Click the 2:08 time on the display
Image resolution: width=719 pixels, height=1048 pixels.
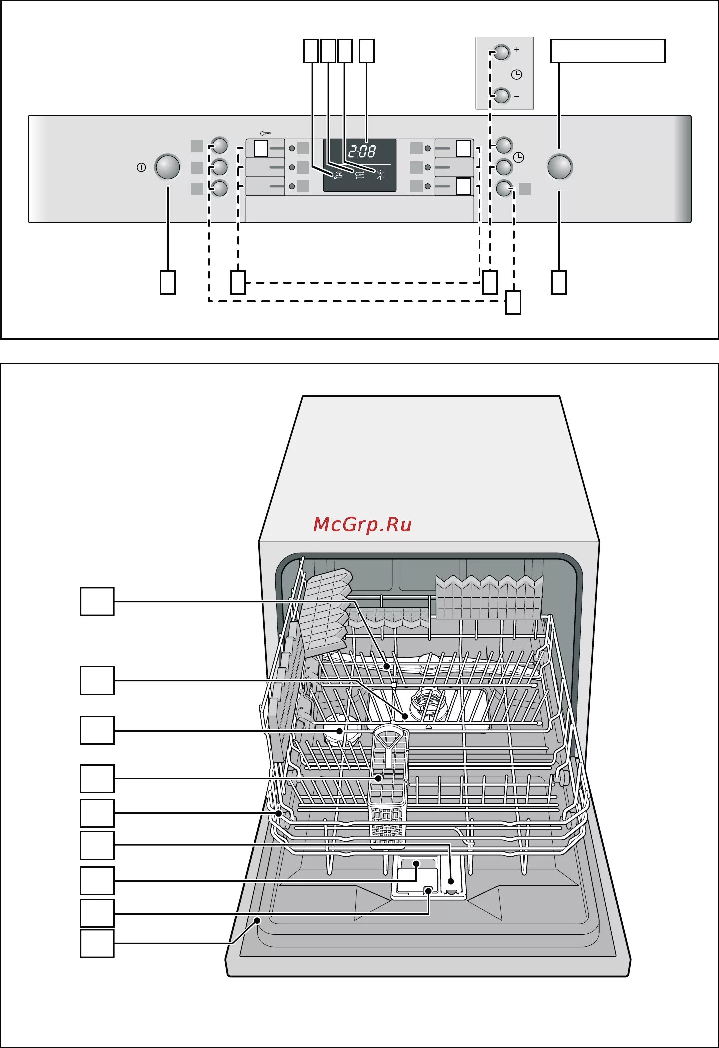click(x=362, y=151)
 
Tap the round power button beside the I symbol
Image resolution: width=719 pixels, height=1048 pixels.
click(x=167, y=167)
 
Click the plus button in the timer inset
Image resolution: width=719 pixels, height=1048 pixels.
click(x=501, y=52)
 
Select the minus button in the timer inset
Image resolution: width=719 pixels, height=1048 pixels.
click(x=501, y=95)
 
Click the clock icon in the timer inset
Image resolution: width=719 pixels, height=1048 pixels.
click(x=517, y=75)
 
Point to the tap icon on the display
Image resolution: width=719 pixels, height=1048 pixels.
click(x=338, y=175)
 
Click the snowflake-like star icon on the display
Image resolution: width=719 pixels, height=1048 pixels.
click(x=381, y=175)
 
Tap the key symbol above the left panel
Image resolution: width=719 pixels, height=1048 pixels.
click(x=265, y=133)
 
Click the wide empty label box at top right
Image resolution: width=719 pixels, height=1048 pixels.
click(x=607, y=51)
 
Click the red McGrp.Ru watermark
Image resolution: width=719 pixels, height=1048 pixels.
click(x=362, y=524)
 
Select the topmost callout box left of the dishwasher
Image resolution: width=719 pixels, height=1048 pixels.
click(x=97, y=601)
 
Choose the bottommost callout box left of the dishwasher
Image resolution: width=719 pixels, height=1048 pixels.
click(x=97, y=943)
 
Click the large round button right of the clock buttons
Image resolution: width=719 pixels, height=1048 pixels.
click(x=560, y=167)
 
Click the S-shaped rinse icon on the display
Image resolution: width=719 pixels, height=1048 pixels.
click(x=359, y=175)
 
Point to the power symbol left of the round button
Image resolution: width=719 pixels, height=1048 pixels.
click(x=141, y=167)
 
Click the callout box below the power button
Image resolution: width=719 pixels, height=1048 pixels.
click(x=167, y=282)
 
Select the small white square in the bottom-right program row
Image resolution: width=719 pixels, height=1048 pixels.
click(x=463, y=186)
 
